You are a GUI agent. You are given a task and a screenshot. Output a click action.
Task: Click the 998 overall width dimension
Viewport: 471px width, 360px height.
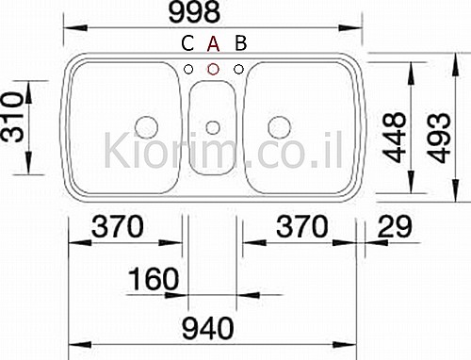[x=194, y=12]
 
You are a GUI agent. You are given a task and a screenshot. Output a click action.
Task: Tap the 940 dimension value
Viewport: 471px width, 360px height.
[x=208, y=328]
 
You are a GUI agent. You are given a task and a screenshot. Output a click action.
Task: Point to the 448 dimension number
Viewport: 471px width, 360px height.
[x=395, y=138]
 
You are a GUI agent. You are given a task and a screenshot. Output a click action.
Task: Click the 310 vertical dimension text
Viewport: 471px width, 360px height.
[x=13, y=116]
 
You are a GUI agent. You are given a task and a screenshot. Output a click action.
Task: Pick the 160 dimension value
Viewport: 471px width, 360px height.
[x=154, y=279]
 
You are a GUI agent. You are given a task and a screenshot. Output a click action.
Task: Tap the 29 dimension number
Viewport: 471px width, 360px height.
[x=395, y=226]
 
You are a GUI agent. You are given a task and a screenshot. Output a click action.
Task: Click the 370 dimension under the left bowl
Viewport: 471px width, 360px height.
[x=118, y=226]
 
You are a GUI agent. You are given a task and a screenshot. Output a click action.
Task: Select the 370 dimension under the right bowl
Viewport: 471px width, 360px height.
[x=302, y=226]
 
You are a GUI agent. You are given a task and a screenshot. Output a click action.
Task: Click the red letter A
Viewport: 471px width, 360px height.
[x=213, y=43]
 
